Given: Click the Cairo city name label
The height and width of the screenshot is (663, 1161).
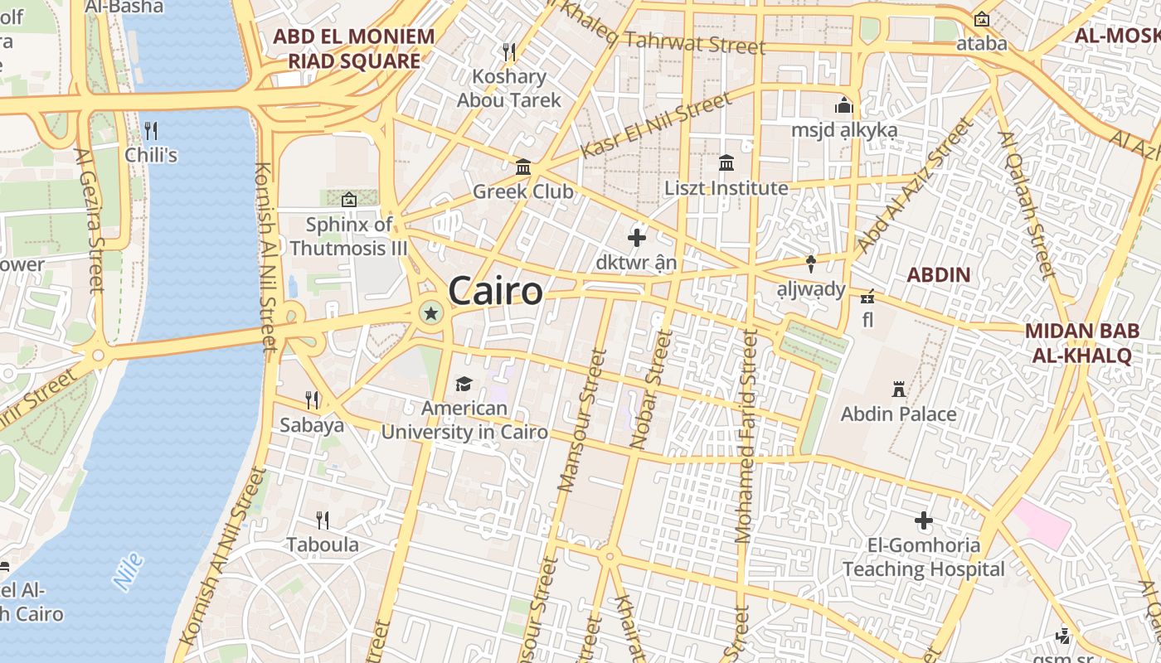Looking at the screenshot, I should [x=496, y=292].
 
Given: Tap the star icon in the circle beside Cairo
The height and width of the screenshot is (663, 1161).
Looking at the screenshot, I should [x=430, y=313].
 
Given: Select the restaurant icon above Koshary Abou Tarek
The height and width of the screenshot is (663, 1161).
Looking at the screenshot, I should [x=509, y=51].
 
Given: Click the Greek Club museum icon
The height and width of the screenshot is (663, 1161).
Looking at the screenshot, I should [x=523, y=167].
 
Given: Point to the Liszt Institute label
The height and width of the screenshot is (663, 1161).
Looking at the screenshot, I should [x=726, y=188].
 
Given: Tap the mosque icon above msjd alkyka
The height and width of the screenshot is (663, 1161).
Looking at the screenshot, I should [x=844, y=106].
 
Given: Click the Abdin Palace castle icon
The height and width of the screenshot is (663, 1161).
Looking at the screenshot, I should [x=898, y=389].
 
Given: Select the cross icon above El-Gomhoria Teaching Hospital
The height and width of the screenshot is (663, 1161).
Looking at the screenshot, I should [x=923, y=520].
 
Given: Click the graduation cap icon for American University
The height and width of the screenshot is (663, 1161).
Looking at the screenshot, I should [x=464, y=384].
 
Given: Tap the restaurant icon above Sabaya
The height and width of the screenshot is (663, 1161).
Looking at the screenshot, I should [x=312, y=400].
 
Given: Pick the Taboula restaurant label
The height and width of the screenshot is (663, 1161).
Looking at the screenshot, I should [x=323, y=544].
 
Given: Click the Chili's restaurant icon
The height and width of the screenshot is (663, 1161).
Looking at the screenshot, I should [x=151, y=131].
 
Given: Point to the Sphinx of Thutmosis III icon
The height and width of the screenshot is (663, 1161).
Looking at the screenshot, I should [x=349, y=199].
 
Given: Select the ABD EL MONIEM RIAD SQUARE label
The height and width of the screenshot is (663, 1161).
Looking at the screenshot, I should [x=354, y=49].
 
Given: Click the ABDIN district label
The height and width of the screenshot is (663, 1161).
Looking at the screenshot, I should [x=938, y=274].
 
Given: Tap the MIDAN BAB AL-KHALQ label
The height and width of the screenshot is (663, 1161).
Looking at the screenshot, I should [x=1081, y=343].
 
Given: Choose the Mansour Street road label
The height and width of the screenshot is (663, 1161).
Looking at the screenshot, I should [x=582, y=420].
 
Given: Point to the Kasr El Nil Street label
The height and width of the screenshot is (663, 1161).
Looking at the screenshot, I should [x=656, y=125].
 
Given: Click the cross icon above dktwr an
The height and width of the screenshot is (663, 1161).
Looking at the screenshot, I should [x=637, y=238].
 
